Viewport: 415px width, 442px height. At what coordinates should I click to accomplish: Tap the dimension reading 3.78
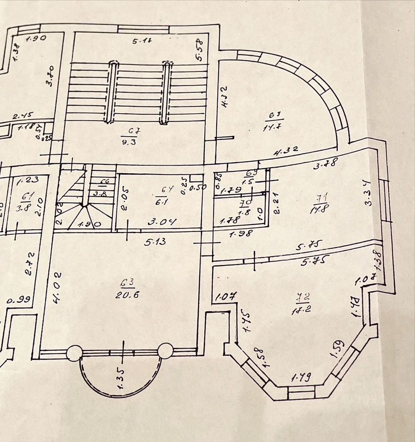pyautogui.click(x=325, y=163)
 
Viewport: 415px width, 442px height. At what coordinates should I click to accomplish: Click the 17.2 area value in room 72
pyautogui.click(x=305, y=310)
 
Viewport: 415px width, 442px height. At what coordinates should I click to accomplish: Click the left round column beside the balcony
pyautogui.click(x=74, y=353)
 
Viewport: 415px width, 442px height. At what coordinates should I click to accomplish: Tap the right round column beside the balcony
pyautogui.click(x=165, y=351)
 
